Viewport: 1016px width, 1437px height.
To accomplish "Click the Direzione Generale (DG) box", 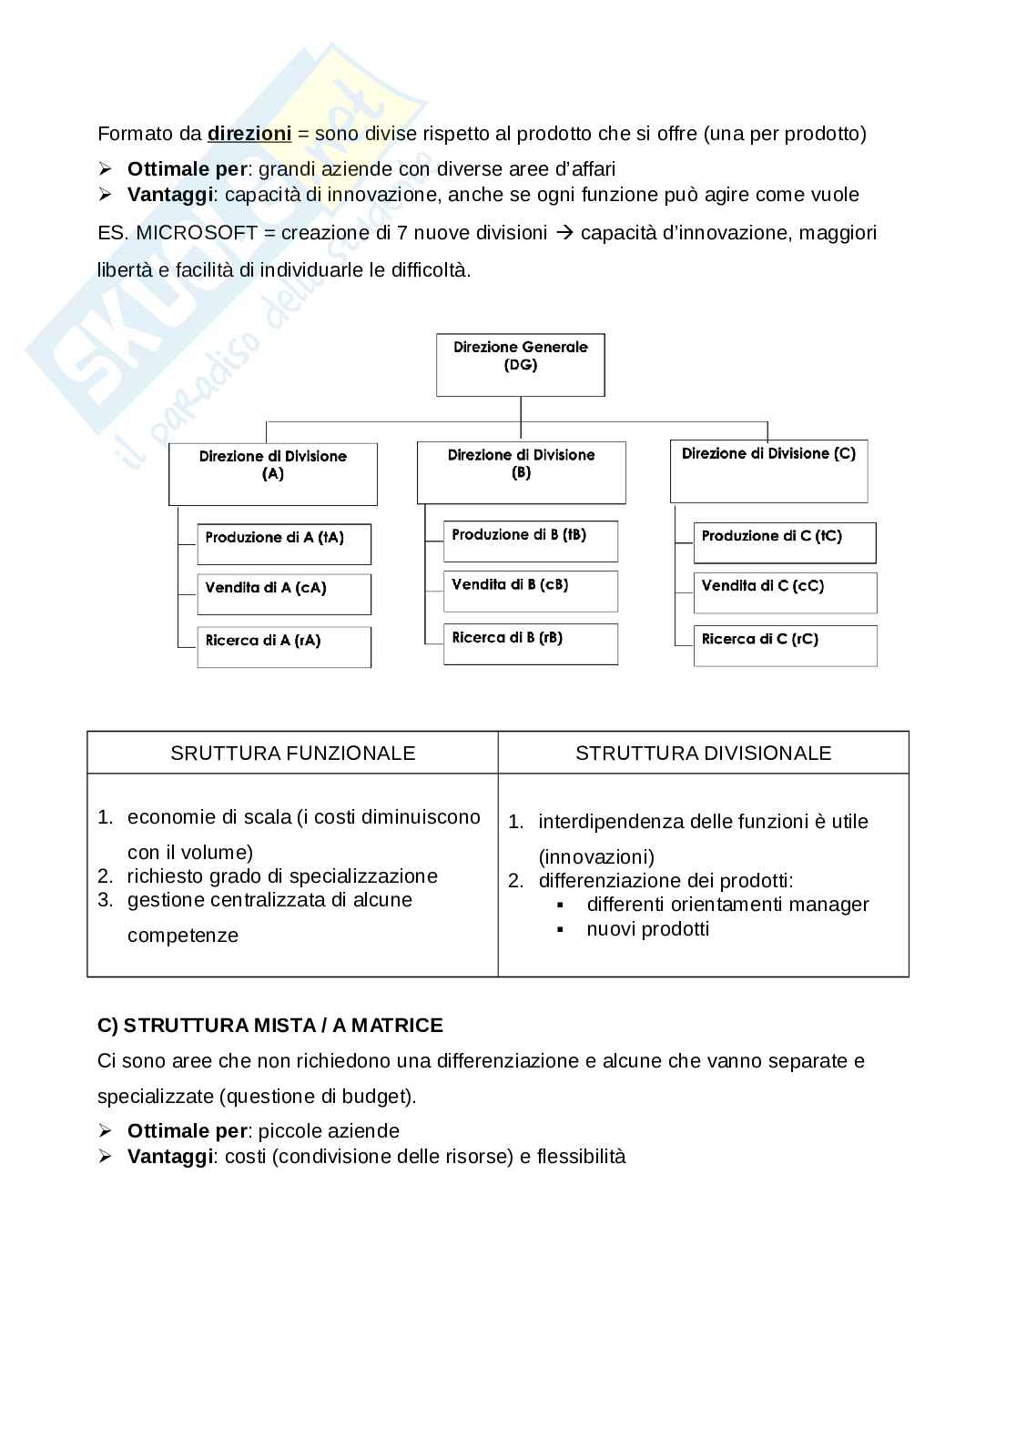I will pyautogui.click(x=520, y=364).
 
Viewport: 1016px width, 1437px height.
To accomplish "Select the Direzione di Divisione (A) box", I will pyautogui.click(x=272, y=473).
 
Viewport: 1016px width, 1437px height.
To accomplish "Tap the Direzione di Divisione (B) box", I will pyautogui.click(x=521, y=472).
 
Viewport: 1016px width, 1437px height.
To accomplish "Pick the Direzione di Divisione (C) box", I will pyautogui.click(x=768, y=471).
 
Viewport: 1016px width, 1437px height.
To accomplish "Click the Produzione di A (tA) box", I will pyautogui.click(x=283, y=544).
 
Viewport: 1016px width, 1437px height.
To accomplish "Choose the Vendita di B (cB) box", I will pyautogui.click(x=530, y=591).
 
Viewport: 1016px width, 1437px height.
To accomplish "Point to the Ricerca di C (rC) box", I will pyautogui.click(x=785, y=645).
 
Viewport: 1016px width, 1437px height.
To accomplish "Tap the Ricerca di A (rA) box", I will pyautogui.click(x=283, y=647).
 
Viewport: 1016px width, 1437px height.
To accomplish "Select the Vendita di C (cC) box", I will pyautogui.click(x=785, y=592).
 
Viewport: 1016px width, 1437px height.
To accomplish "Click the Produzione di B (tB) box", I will pyautogui.click(x=530, y=541).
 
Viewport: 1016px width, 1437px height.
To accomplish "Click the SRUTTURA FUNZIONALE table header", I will pyautogui.click(x=292, y=753).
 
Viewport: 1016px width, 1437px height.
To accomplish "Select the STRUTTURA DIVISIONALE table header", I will pyautogui.click(x=703, y=753).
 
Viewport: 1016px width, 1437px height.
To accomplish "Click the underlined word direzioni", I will pyautogui.click(x=249, y=134).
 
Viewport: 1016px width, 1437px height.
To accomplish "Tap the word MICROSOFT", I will pyautogui.click(x=197, y=232).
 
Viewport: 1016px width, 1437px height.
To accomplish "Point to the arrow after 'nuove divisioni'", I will pyautogui.click(x=564, y=232).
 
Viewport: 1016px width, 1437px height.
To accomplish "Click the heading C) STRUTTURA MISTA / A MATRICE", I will pyautogui.click(x=269, y=1026).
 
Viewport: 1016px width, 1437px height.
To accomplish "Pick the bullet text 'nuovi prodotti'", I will pyautogui.click(x=647, y=928).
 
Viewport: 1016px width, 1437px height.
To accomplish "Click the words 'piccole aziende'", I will pyautogui.click(x=329, y=1131).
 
